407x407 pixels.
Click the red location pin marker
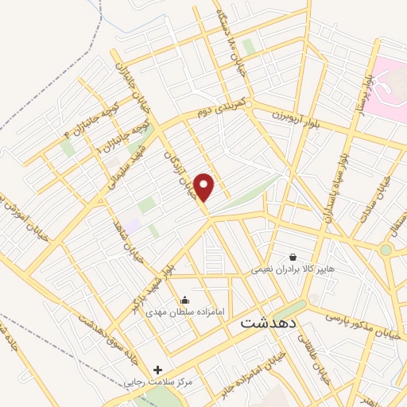tap(205, 187)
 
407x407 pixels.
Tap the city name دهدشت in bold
tap(267, 324)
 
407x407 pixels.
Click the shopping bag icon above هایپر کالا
tap(293, 257)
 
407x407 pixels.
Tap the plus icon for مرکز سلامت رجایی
tap(157, 370)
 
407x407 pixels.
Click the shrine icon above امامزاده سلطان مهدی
tap(184, 300)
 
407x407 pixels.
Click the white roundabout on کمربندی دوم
tap(249, 104)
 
